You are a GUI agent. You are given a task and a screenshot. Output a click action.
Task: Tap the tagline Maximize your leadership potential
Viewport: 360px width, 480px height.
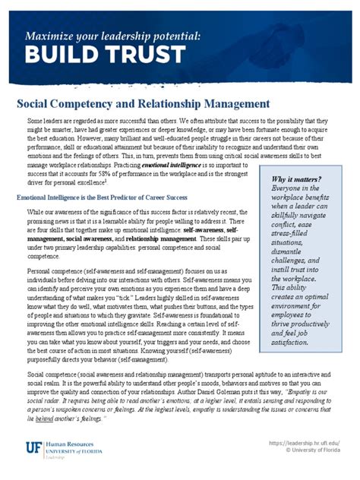click(112, 35)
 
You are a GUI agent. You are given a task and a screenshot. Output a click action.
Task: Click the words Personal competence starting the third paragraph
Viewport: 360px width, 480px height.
click(55, 270)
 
